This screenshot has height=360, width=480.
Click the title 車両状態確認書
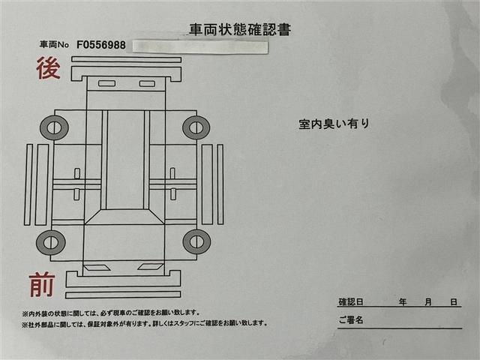[240, 30]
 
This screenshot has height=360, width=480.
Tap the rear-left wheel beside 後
[54, 127]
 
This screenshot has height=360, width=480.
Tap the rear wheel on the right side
[196, 127]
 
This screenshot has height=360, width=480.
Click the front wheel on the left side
[51, 241]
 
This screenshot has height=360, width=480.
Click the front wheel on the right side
[196, 241]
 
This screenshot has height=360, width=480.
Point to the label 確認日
[350, 301]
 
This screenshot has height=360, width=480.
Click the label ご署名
[350, 320]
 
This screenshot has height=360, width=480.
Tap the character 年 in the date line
[403, 301]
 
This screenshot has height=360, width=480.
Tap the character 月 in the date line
[427, 301]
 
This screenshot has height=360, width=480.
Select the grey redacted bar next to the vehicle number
[199, 46]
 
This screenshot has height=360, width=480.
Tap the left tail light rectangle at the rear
[106, 83]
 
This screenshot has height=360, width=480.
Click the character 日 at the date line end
[454, 301]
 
